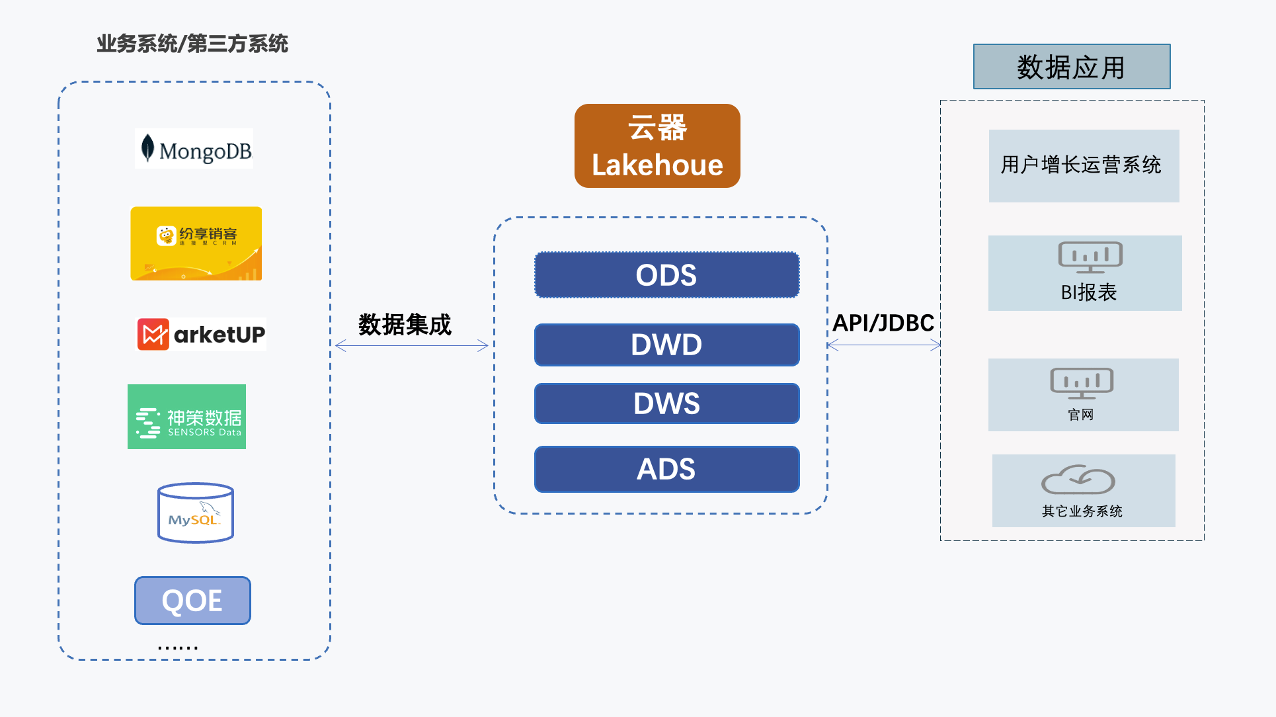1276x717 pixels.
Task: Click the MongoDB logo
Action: coord(194,149)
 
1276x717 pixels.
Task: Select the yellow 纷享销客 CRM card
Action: coord(196,243)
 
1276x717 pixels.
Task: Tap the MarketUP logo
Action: coord(202,334)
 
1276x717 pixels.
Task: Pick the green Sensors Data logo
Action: coord(187,417)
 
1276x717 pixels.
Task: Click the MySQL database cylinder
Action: coord(196,513)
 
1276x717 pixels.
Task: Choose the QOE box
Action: coord(192,601)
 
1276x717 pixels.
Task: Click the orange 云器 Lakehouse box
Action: coord(657,146)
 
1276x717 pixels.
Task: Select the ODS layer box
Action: coord(666,275)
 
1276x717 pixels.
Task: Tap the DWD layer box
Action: coord(666,345)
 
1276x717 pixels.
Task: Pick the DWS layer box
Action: coord(666,403)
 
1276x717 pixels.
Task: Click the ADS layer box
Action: coord(666,469)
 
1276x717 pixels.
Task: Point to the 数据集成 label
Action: coord(405,325)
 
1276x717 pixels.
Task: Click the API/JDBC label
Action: coord(883,323)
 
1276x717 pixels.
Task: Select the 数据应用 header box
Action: coord(1072,67)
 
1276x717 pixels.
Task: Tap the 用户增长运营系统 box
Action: coord(1084,165)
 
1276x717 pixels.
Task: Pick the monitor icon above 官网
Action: coord(1082,383)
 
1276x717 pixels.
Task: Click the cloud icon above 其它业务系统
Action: coord(1078,480)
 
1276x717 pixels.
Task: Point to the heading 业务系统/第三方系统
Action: coord(192,44)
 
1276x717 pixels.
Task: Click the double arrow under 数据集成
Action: coord(411,345)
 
